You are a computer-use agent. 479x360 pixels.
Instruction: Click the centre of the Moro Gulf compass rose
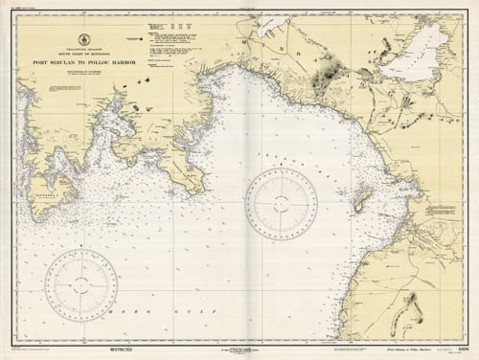coord(81,284)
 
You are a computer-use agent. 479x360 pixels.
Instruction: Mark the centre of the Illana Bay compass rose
coord(281,204)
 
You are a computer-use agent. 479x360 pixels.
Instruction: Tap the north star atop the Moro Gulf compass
coord(81,246)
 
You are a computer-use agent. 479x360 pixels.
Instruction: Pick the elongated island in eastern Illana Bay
coord(362,201)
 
